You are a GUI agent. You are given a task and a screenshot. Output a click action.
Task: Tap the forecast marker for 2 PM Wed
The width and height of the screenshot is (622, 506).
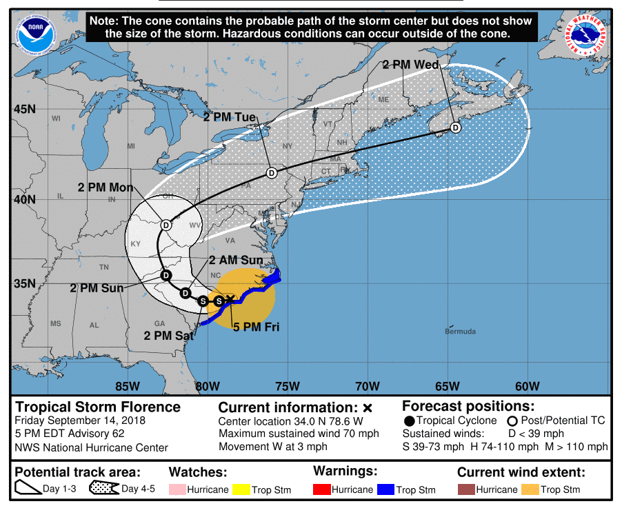point(455,128)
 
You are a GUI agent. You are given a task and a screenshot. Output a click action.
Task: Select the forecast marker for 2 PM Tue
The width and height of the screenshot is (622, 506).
point(271,172)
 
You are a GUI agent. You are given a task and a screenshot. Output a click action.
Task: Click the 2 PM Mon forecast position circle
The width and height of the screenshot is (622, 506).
point(165,225)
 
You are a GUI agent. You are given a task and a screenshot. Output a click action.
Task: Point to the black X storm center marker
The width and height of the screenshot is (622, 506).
point(230,298)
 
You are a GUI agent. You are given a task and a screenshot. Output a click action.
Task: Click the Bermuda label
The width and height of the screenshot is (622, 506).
point(460,332)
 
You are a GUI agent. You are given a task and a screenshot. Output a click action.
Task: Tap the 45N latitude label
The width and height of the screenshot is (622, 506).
point(26,109)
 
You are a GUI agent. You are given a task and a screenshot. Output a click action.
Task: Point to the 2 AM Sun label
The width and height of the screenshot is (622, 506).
point(236,260)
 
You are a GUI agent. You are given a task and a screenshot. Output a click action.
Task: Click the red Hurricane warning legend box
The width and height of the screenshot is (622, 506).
point(321,489)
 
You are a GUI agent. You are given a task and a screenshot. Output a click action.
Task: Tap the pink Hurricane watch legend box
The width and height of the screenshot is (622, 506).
point(178,489)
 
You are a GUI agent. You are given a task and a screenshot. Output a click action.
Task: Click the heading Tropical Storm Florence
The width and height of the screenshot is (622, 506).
point(98,407)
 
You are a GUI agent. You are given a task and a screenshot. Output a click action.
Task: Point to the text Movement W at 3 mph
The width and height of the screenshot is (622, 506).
point(273,447)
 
